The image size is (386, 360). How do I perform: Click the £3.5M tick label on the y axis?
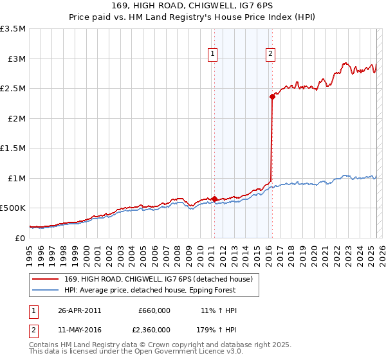pos(14,29)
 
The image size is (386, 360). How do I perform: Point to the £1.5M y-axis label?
pos(14,148)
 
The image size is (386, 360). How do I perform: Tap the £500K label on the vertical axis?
pos(13,208)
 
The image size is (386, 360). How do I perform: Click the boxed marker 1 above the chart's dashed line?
pos(212,54)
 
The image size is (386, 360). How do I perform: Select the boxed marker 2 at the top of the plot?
pos(270,54)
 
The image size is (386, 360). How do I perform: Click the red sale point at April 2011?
pos(214,199)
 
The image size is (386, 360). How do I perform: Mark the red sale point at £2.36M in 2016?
pos(272,97)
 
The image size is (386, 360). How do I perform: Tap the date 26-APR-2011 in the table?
pos(79,310)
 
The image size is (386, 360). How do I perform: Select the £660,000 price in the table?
pos(154,310)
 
